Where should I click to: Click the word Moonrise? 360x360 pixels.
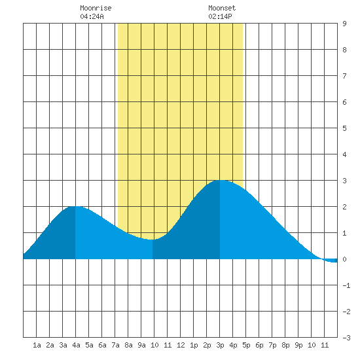tap(96, 8)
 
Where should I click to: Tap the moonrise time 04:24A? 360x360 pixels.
tap(92, 16)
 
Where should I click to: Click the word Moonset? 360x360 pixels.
tap(222, 8)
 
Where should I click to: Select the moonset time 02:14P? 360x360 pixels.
tap(220, 16)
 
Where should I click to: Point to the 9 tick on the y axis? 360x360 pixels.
tap(344, 24)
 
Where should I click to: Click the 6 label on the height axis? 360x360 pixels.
tap(344, 102)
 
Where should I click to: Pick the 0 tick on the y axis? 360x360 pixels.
tap(344, 259)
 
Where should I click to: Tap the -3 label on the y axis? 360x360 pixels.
tap(346, 338)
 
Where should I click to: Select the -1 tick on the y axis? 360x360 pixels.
tap(346, 285)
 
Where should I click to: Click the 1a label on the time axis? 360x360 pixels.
tap(37, 345)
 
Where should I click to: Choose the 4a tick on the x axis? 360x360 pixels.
tap(76, 345)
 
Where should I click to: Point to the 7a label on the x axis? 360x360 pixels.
tap(115, 345)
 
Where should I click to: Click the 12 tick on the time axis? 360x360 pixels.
tap(181, 345)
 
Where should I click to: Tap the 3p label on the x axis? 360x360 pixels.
tap(220, 345)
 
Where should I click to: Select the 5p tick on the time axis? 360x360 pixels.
tap(246, 345)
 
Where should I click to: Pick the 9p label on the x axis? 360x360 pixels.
tap(298, 345)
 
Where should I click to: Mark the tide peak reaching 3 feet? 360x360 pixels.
tap(221, 181)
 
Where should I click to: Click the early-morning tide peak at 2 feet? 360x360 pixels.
tap(76, 207)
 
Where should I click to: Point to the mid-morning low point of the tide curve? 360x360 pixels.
tap(152, 240)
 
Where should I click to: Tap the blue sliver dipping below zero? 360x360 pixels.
tap(331, 261)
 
